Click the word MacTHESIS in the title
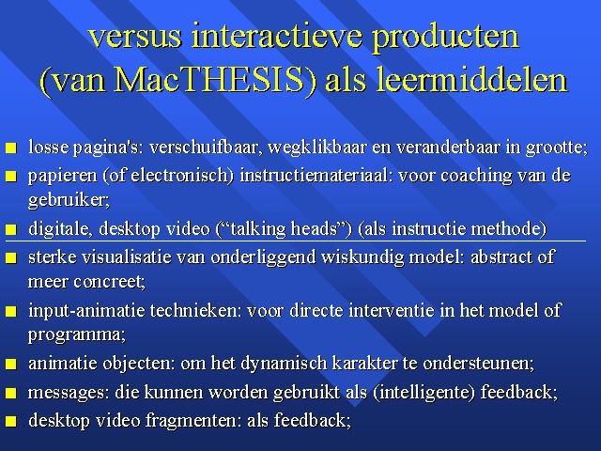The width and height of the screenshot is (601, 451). tap(209, 79)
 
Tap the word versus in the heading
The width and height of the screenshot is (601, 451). tap(134, 36)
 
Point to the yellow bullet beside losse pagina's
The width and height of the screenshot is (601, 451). tap(11, 148)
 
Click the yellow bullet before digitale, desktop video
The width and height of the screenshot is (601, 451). tap(11, 229)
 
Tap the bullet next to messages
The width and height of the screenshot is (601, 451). tap(11, 393)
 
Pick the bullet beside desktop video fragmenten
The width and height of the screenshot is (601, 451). tap(11, 422)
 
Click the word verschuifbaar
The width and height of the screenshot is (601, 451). tap(206, 148)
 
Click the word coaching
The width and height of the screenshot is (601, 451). tap(476, 177)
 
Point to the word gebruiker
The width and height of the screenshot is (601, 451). tap(68, 200)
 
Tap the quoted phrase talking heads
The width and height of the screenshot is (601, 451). tap(284, 229)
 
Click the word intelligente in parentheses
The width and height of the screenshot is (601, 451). tap(424, 393)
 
